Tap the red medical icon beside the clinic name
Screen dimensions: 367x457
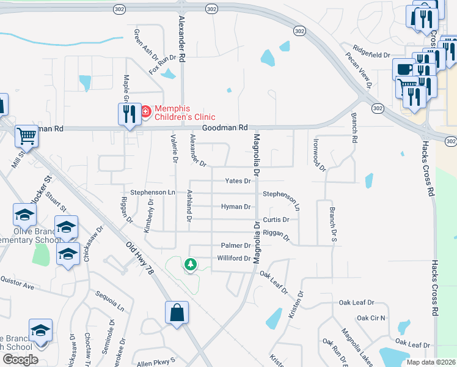pyautogui.click(x=146, y=111)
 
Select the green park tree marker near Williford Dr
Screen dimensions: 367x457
pyautogui.click(x=191, y=264)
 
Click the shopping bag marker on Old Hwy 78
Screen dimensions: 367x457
pyautogui.click(x=177, y=313)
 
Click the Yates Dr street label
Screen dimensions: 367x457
pyautogui.click(x=238, y=181)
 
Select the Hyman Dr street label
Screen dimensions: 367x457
pyautogui.click(x=236, y=207)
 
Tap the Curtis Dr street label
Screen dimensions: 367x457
pyautogui.click(x=276, y=220)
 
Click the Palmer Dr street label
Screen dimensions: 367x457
pyautogui.click(x=236, y=245)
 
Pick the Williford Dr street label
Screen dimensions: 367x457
pyautogui.click(x=234, y=258)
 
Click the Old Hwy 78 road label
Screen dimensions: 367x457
pyautogui.click(x=139, y=261)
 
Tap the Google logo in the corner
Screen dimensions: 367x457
pyautogui.click(x=20, y=360)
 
